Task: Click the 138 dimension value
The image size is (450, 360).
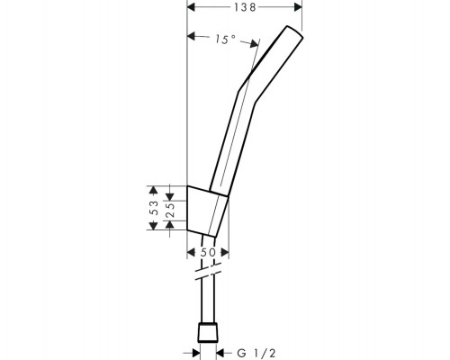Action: point(245,7)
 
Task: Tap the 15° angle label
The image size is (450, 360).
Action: point(225,40)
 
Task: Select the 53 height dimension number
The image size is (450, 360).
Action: point(154,208)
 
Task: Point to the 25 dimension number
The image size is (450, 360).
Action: point(170,211)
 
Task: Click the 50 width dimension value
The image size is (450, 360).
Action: point(208,253)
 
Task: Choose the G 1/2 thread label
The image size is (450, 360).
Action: point(256,353)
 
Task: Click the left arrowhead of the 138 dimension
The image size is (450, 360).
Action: point(191,7)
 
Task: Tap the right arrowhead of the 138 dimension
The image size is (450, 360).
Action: point(298,7)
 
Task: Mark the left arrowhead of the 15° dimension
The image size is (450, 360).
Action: point(191,36)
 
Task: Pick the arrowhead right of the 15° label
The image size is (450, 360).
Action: point(254,44)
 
